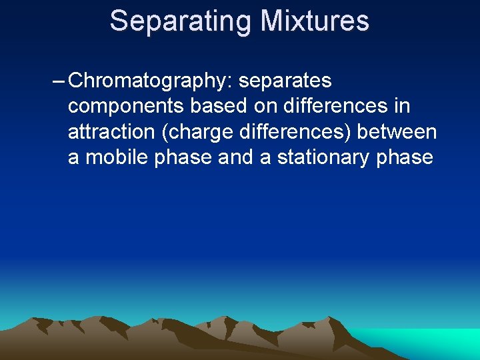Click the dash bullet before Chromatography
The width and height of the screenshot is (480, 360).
tap(58, 81)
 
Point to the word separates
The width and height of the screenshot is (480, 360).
tap(285, 81)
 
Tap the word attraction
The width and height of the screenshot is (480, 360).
tap(111, 132)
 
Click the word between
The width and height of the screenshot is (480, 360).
tap(397, 132)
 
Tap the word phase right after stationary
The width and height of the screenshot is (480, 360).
tap(406, 158)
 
